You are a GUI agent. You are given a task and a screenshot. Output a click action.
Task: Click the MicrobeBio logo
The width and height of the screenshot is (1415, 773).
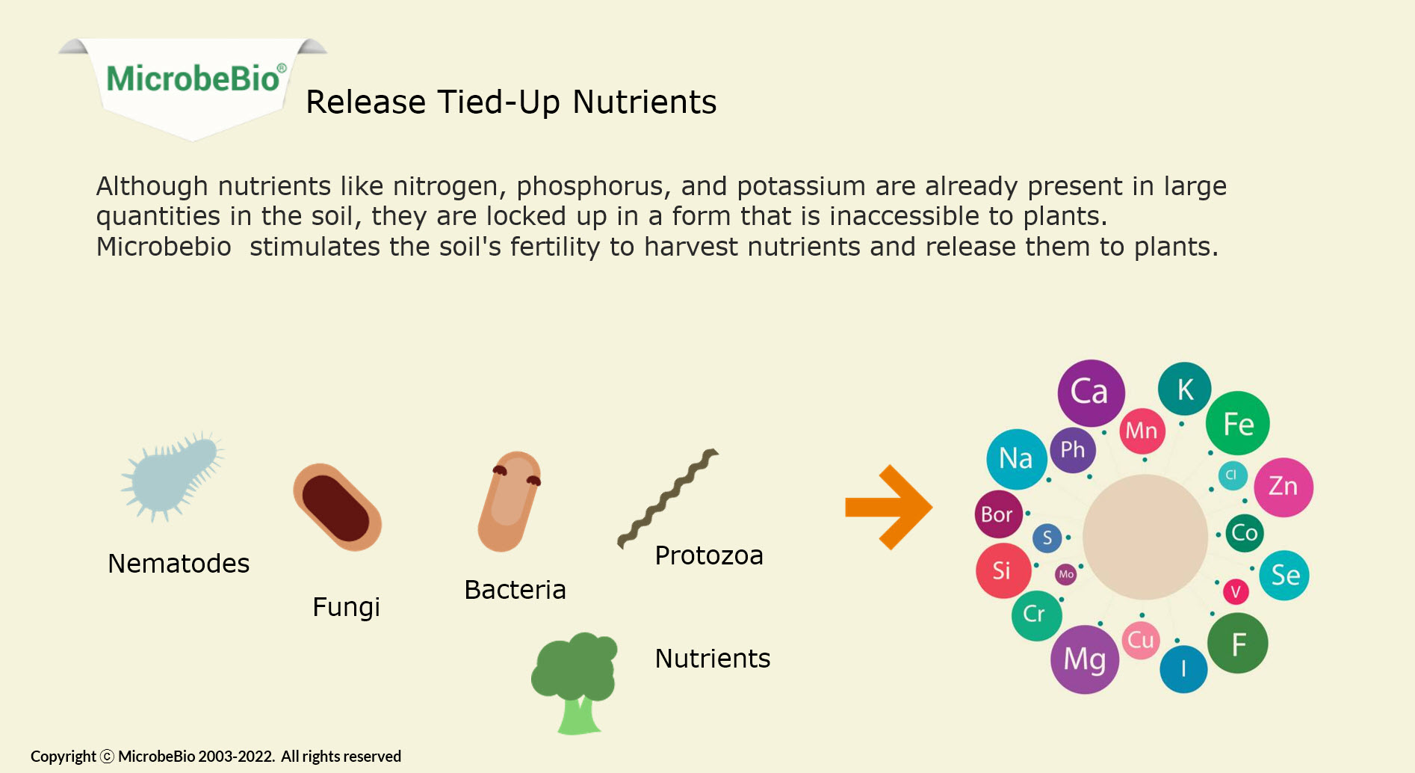click(x=193, y=89)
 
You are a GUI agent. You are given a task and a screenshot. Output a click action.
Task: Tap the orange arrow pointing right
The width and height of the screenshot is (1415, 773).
click(x=888, y=508)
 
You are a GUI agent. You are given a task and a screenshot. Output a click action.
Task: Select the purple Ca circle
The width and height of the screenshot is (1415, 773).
click(x=1091, y=392)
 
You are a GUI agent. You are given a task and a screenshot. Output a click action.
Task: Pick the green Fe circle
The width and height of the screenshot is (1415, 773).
click(x=1237, y=423)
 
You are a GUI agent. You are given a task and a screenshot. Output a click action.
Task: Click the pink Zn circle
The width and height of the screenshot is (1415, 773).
click(x=1283, y=487)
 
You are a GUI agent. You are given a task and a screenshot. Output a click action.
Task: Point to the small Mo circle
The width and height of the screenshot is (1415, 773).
click(x=1066, y=574)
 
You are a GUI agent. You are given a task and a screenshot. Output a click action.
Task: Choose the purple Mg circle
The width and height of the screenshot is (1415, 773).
click(x=1085, y=659)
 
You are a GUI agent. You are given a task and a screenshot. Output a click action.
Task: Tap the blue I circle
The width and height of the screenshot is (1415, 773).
click(x=1183, y=669)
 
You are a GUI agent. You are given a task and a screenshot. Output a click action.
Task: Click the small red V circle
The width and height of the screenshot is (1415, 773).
click(x=1236, y=592)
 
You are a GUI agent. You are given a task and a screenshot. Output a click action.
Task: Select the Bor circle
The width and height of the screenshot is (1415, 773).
click(x=999, y=514)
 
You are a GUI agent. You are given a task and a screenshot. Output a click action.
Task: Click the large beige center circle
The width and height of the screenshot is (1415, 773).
click(x=1145, y=537)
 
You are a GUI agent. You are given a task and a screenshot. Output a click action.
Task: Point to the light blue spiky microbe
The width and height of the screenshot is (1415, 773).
click(x=173, y=476)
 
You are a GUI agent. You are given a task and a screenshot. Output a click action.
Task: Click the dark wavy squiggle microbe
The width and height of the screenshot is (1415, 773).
click(x=667, y=499)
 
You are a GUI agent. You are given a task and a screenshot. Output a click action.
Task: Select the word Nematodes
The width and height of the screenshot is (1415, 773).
click(x=179, y=564)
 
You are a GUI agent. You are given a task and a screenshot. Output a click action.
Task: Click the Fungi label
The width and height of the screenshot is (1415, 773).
click(x=346, y=607)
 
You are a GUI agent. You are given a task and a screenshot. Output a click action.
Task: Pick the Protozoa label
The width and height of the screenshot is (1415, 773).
click(x=709, y=555)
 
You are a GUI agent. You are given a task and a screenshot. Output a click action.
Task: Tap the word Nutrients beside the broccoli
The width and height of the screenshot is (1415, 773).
click(x=713, y=659)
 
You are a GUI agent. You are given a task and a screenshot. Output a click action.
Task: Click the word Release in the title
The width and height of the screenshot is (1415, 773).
click(x=366, y=102)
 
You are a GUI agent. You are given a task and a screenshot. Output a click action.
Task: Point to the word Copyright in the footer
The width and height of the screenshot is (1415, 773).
click(x=64, y=757)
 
